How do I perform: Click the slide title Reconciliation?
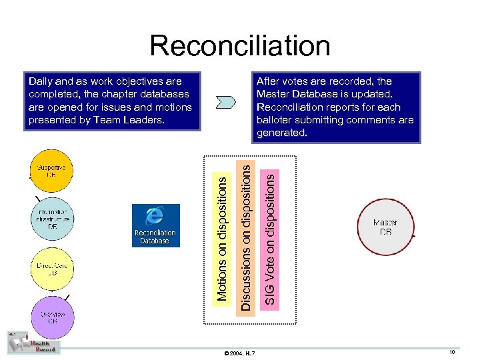click(x=239, y=45)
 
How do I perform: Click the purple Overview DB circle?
click(x=53, y=316)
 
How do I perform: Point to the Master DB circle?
click(x=385, y=227)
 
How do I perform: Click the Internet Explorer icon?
click(x=155, y=216)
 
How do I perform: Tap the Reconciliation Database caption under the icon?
click(x=155, y=237)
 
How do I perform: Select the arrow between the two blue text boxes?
click(x=227, y=102)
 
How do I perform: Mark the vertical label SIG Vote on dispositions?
click(x=269, y=237)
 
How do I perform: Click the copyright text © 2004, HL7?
click(x=240, y=352)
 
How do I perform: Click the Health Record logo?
click(x=33, y=343)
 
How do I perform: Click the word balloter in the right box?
click(x=276, y=120)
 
